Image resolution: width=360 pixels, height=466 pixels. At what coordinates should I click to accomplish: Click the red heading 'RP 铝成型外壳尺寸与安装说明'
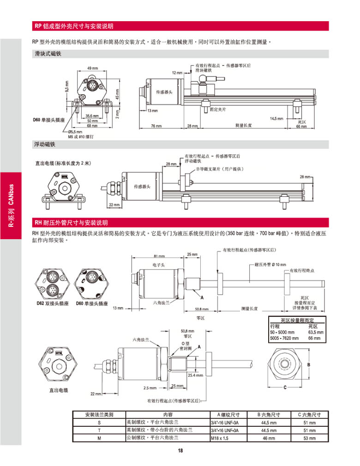[x=74, y=26]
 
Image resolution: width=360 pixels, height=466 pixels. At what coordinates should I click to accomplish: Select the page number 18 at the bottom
[x=180, y=451]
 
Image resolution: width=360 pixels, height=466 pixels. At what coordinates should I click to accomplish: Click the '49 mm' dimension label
[x=92, y=68]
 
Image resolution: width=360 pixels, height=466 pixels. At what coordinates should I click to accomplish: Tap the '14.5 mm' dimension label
[x=276, y=119]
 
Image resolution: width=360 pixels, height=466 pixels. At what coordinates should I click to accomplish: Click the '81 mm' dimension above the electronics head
[x=158, y=256]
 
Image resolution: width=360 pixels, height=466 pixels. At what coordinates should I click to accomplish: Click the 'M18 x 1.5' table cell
[x=220, y=438]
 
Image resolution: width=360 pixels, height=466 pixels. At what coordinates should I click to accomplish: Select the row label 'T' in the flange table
[x=99, y=430]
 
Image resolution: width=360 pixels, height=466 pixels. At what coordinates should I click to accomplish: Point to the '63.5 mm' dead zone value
[x=316, y=332]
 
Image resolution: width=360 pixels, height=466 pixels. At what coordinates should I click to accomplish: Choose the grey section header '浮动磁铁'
[x=45, y=145]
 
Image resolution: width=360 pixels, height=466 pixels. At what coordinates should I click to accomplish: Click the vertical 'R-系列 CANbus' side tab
[x=11, y=206]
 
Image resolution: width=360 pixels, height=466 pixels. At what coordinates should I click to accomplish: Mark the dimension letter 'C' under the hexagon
[x=285, y=387]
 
